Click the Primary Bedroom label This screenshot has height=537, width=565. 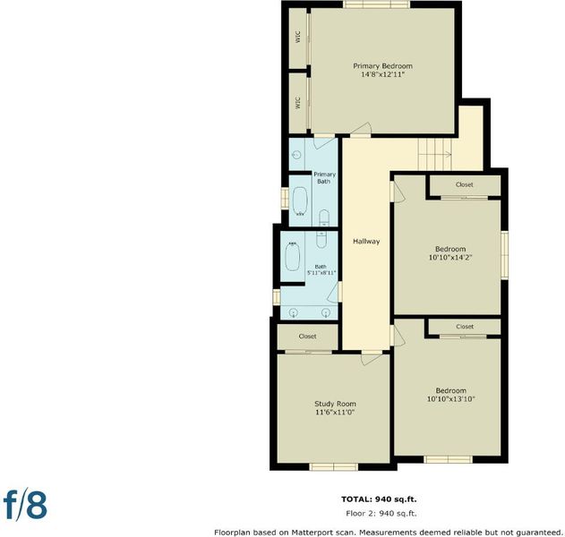382,66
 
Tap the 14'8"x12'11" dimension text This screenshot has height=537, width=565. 382,75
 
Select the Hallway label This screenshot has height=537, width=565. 366,242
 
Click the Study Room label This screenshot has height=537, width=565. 335,404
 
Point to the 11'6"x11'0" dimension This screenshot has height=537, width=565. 335,413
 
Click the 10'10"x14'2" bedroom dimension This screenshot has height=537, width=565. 450,258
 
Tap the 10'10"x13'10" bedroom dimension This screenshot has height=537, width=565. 450,399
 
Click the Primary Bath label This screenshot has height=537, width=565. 324,178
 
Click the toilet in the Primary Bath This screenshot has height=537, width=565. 324,217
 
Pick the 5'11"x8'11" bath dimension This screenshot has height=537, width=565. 321,273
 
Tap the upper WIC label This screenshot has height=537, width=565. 297,37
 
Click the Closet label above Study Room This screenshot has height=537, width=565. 307,336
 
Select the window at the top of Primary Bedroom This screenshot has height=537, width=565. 376,4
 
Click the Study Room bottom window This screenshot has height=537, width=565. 334,467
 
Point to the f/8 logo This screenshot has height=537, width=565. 25,505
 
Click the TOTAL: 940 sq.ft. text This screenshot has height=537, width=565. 379,499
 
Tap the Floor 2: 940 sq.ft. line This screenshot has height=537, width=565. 381,514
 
